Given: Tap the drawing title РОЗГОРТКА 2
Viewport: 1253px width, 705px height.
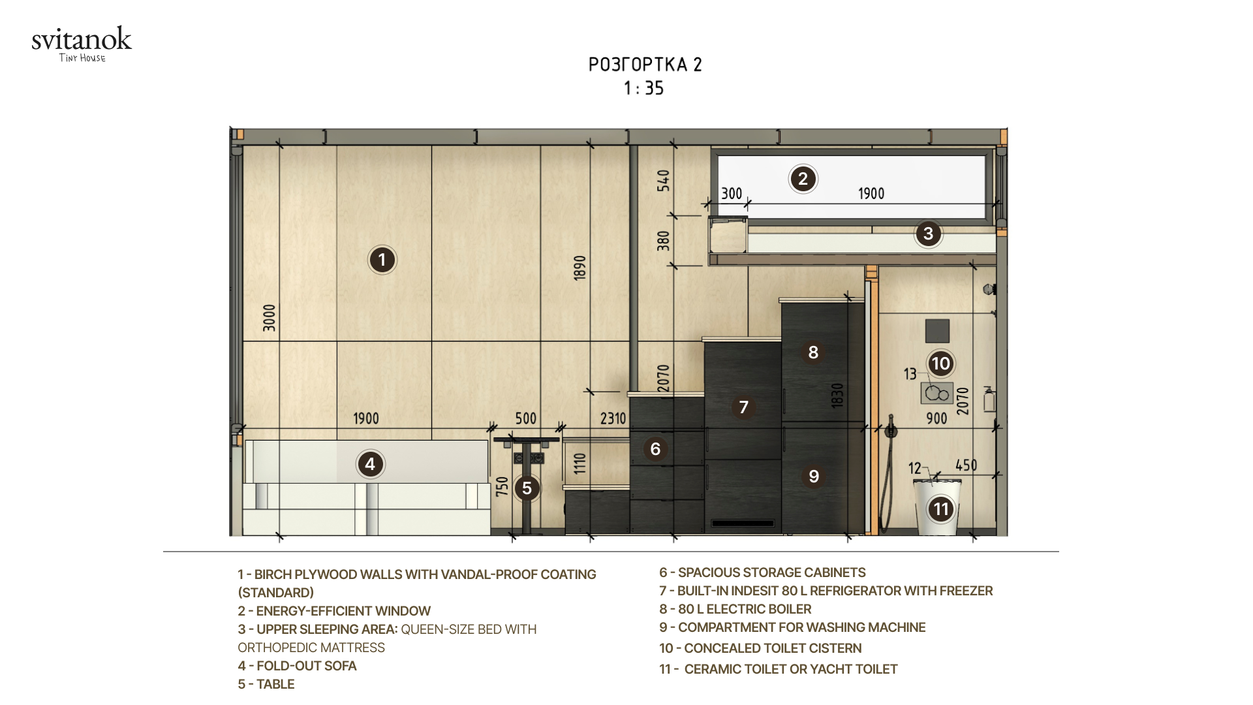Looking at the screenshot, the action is pyautogui.click(x=645, y=65).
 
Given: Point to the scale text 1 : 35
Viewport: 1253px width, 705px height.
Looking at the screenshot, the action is pyautogui.click(x=643, y=88).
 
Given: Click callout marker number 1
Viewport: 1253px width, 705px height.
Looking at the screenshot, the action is pyautogui.click(x=382, y=260).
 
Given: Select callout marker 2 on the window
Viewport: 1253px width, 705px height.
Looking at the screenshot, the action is pyautogui.click(x=803, y=179).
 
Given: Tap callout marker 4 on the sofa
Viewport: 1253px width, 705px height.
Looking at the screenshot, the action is pyautogui.click(x=370, y=464).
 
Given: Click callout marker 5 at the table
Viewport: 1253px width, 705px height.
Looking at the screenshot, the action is pyautogui.click(x=527, y=488).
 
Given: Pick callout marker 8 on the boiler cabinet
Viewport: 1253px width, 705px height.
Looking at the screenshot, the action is pyautogui.click(x=813, y=352).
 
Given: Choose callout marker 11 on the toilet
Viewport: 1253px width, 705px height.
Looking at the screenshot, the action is pyautogui.click(x=940, y=509).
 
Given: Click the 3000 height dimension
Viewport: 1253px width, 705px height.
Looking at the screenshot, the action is pyautogui.click(x=270, y=318).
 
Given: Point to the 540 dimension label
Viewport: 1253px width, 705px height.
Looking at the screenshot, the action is pyautogui.click(x=663, y=181).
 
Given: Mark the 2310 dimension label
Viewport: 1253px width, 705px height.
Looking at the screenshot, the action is pyautogui.click(x=613, y=418).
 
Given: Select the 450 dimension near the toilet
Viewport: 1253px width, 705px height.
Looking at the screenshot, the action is pyautogui.click(x=966, y=465).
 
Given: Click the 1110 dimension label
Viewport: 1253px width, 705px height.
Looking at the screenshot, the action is pyautogui.click(x=580, y=463).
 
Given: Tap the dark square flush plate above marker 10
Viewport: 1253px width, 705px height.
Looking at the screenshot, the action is pyautogui.click(x=938, y=331).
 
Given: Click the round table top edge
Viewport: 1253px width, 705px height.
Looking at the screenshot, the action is pyautogui.click(x=527, y=439).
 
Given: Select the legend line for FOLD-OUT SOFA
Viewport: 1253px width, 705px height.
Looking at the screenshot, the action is pyautogui.click(x=297, y=666).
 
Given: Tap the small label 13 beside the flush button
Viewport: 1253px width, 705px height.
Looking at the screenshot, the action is pyautogui.click(x=910, y=374).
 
